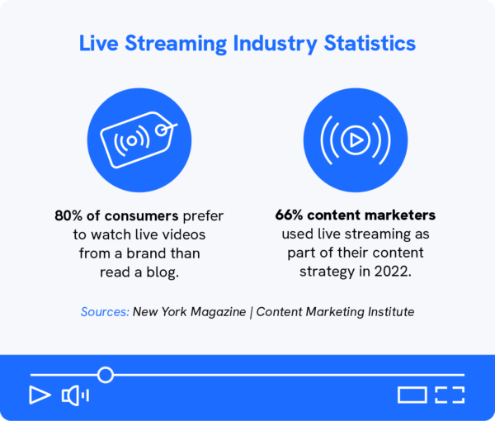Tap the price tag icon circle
[139, 140]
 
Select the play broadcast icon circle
[356, 140]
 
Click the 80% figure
[68, 216]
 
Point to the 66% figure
[290, 216]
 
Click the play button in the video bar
[39, 395]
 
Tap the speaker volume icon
[74, 395]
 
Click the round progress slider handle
[105, 375]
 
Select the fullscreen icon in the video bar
[450, 395]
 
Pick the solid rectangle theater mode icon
[412, 395]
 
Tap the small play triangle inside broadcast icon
[356, 140]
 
